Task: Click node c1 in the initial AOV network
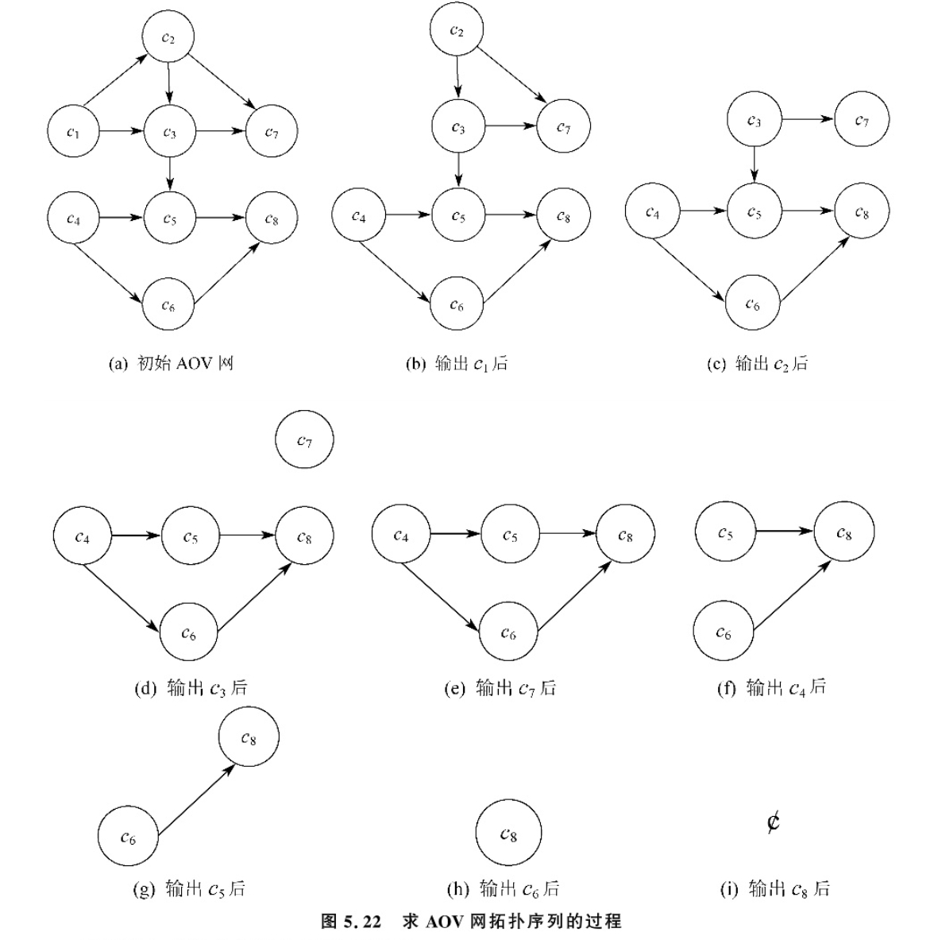73,132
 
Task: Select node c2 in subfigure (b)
456,31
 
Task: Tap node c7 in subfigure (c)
861,120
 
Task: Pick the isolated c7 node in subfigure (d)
304,439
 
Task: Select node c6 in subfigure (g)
127,836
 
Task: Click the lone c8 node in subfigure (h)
508,834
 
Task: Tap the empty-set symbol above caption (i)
773,822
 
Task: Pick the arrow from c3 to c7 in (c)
807,120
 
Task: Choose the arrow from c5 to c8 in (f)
785,532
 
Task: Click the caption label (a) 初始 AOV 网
171,364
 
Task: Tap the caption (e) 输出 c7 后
500,688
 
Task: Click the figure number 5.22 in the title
361,922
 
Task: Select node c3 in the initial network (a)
169,132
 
